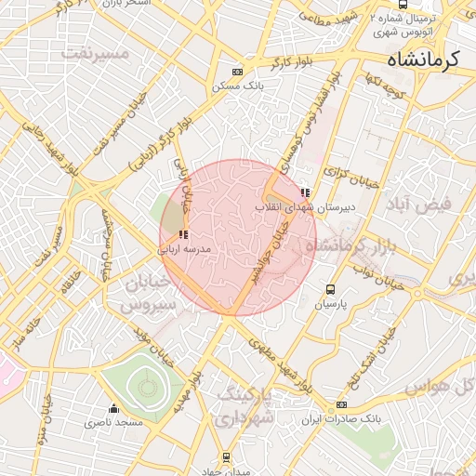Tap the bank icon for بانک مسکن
click(x=238, y=72)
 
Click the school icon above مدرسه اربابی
click(x=182, y=234)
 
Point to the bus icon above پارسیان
click(x=329, y=289)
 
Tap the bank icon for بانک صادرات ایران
click(x=341, y=405)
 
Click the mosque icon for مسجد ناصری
click(x=114, y=408)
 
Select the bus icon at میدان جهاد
click(x=226, y=457)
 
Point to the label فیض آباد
click(x=443, y=203)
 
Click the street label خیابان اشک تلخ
click(x=368, y=362)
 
